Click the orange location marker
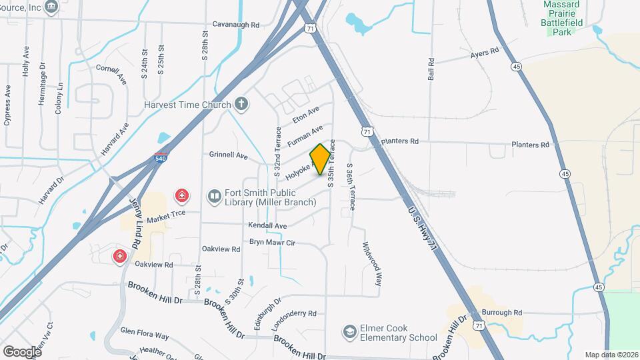(320, 159)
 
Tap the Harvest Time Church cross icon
(241, 104)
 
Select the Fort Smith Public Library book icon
(213, 195)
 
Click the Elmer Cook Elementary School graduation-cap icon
(349, 332)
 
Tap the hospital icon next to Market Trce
(181, 196)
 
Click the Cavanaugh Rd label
(235, 25)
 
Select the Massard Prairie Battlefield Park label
(565, 13)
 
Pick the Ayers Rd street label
(484, 52)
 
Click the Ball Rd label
(431, 69)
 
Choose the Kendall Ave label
(267, 226)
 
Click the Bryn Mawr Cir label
(272, 243)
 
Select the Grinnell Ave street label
(228, 155)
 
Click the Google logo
(21, 351)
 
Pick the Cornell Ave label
(111, 73)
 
